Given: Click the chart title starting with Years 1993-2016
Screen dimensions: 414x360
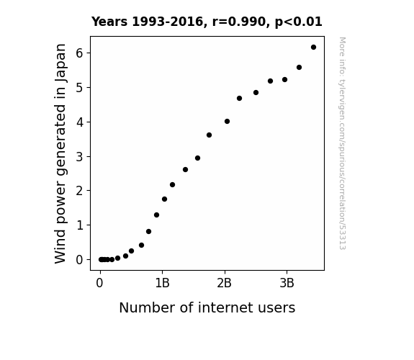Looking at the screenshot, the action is tap(207, 22).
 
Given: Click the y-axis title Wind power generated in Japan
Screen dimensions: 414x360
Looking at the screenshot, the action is tap(60, 153).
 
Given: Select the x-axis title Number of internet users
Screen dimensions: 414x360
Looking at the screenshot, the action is tap(207, 307).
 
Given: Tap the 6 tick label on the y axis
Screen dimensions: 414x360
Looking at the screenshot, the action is tap(79, 53).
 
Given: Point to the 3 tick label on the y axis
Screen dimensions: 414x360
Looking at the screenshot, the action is tap(79, 157).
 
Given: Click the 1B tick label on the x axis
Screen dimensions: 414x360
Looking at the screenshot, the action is tap(162, 283).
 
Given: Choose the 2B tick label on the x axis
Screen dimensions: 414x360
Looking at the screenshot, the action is tap(224, 283).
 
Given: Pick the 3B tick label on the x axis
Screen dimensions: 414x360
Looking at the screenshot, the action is tap(287, 283).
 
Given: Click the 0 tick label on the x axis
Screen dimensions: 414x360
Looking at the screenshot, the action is tap(99, 283).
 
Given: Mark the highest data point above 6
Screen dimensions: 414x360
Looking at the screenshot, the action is tap(313, 48).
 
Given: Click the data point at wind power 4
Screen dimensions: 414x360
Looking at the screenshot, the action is tap(227, 122).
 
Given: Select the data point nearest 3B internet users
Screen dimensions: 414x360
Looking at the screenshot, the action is tap(284, 79).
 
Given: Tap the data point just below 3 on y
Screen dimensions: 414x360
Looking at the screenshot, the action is tap(197, 158).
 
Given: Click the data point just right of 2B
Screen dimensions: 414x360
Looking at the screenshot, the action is tap(227, 122).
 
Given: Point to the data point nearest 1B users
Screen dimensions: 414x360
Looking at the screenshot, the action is tap(164, 199).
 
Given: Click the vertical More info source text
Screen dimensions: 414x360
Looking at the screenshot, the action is tap(342, 143).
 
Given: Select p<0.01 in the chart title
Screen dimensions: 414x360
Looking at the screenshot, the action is tap(299, 22).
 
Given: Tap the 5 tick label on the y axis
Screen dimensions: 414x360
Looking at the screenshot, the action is tap(79, 88).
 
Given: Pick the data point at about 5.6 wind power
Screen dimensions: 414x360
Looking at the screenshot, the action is tap(299, 68).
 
